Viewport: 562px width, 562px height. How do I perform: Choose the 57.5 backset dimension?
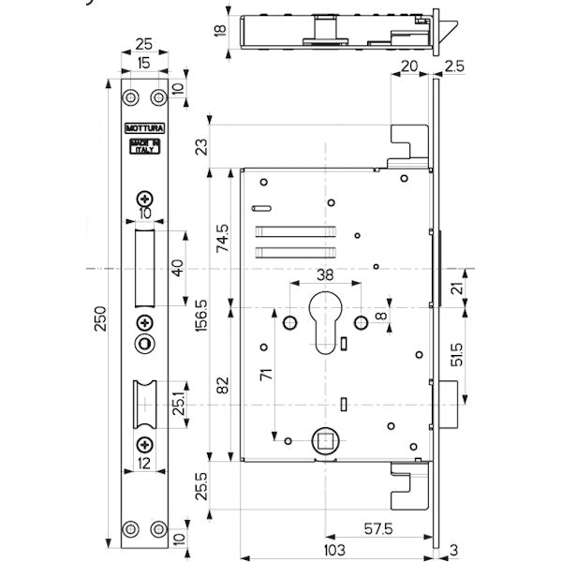click(x=378, y=528)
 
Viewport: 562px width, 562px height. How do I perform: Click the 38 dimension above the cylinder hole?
click(x=323, y=276)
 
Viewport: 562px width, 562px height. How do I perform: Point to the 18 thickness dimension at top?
click(x=220, y=30)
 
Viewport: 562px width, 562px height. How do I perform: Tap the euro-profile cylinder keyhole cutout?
click(x=323, y=324)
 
